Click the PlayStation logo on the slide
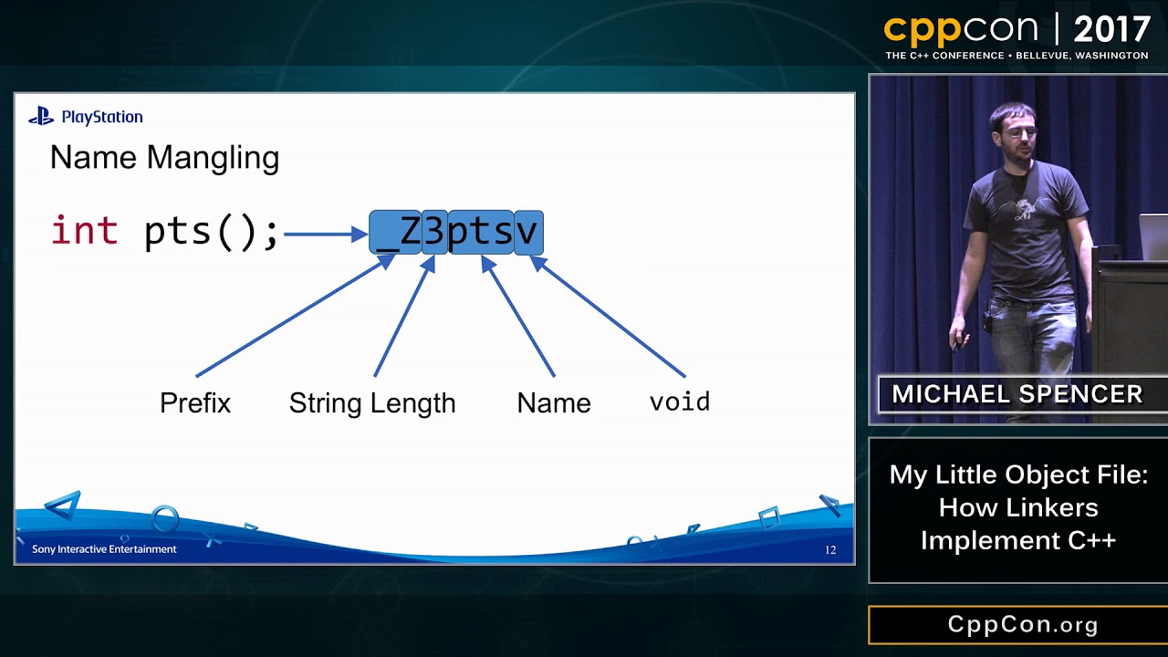(x=86, y=117)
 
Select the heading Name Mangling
(x=164, y=158)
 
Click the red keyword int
(x=84, y=231)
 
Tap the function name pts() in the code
(x=211, y=232)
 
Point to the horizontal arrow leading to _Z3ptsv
(x=325, y=235)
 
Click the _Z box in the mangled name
(x=396, y=233)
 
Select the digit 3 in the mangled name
(x=434, y=233)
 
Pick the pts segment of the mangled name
(x=480, y=233)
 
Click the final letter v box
(x=528, y=233)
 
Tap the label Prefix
(x=195, y=402)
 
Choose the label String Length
(x=372, y=402)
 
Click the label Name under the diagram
(x=554, y=402)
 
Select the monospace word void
(x=680, y=401)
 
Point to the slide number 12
(x=830, y=550)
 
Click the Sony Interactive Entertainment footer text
(x=104, y=549)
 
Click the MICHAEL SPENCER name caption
(x=1017, y=394)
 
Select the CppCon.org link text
(x=1023, y=625)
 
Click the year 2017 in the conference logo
(x=1111, y=30)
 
